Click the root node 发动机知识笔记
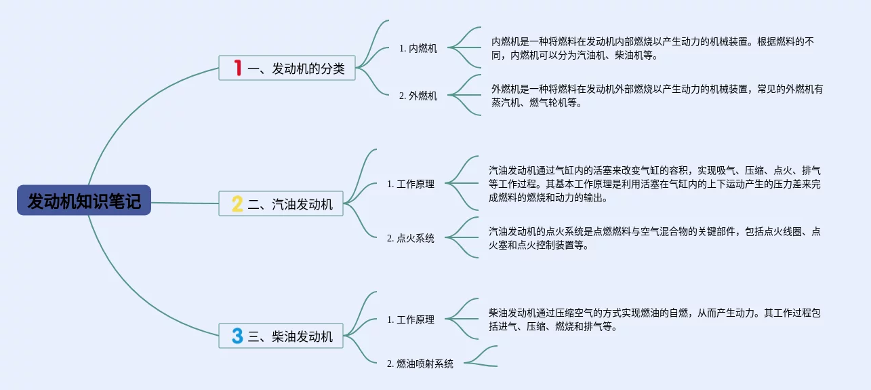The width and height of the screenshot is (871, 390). [84, 201]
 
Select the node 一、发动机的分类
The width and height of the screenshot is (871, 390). [287, 68]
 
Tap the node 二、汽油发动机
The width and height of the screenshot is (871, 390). [281, 203]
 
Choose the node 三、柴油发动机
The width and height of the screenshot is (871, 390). [281, 336]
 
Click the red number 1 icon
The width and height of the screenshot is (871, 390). [237, 68]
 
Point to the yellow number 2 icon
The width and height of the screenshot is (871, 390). [237, 203]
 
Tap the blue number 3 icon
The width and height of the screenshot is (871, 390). [237, 336]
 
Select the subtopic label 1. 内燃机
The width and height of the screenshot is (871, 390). [418, 48]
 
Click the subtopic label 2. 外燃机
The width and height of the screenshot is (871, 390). [418, 96]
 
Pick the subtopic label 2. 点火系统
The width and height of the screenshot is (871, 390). [411, 238]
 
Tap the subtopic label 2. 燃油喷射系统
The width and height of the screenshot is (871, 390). [420, 364]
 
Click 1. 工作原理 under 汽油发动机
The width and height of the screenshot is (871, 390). [411, 184]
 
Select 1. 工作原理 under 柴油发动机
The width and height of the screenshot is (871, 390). [411, 319]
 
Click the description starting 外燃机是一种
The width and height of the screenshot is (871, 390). [656, 96]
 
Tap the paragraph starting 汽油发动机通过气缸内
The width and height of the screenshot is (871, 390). [654, 184]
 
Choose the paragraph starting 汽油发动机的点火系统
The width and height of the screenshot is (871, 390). [654, 238]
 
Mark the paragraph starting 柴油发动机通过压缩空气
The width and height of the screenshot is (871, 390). [654, 319]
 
